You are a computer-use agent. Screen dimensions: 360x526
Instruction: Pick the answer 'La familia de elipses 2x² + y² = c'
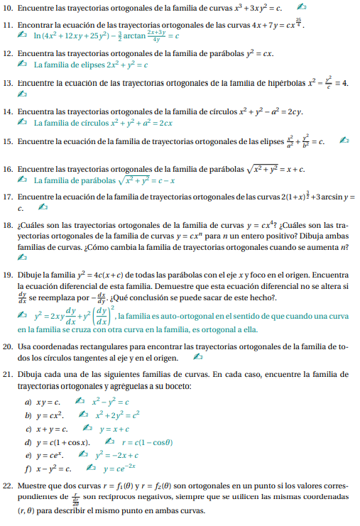[91, 65]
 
